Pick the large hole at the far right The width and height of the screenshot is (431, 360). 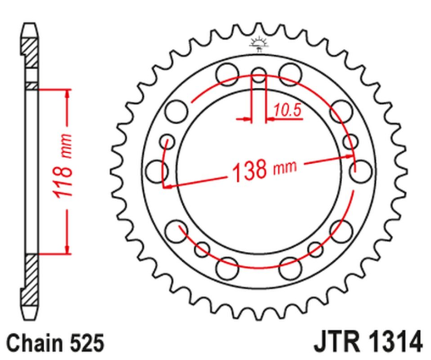(360, 170)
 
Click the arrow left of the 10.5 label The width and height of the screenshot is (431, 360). (246, 120)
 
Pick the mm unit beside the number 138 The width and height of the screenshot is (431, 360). (285, 169)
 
